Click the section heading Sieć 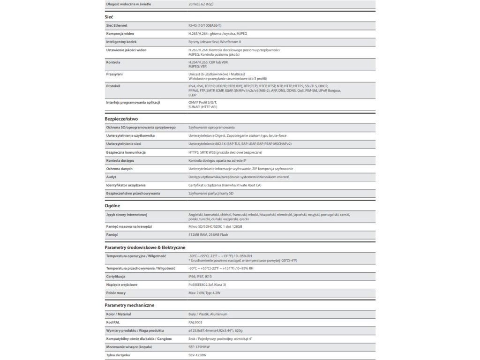click(109, 17)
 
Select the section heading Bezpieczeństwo click(121, 119)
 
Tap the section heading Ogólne click(112, 205)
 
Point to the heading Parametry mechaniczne click(129, 305)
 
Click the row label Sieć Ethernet click(117, 25)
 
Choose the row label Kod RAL click(114, 322)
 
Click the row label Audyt click(112, 177)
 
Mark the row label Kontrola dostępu click(121, 160)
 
